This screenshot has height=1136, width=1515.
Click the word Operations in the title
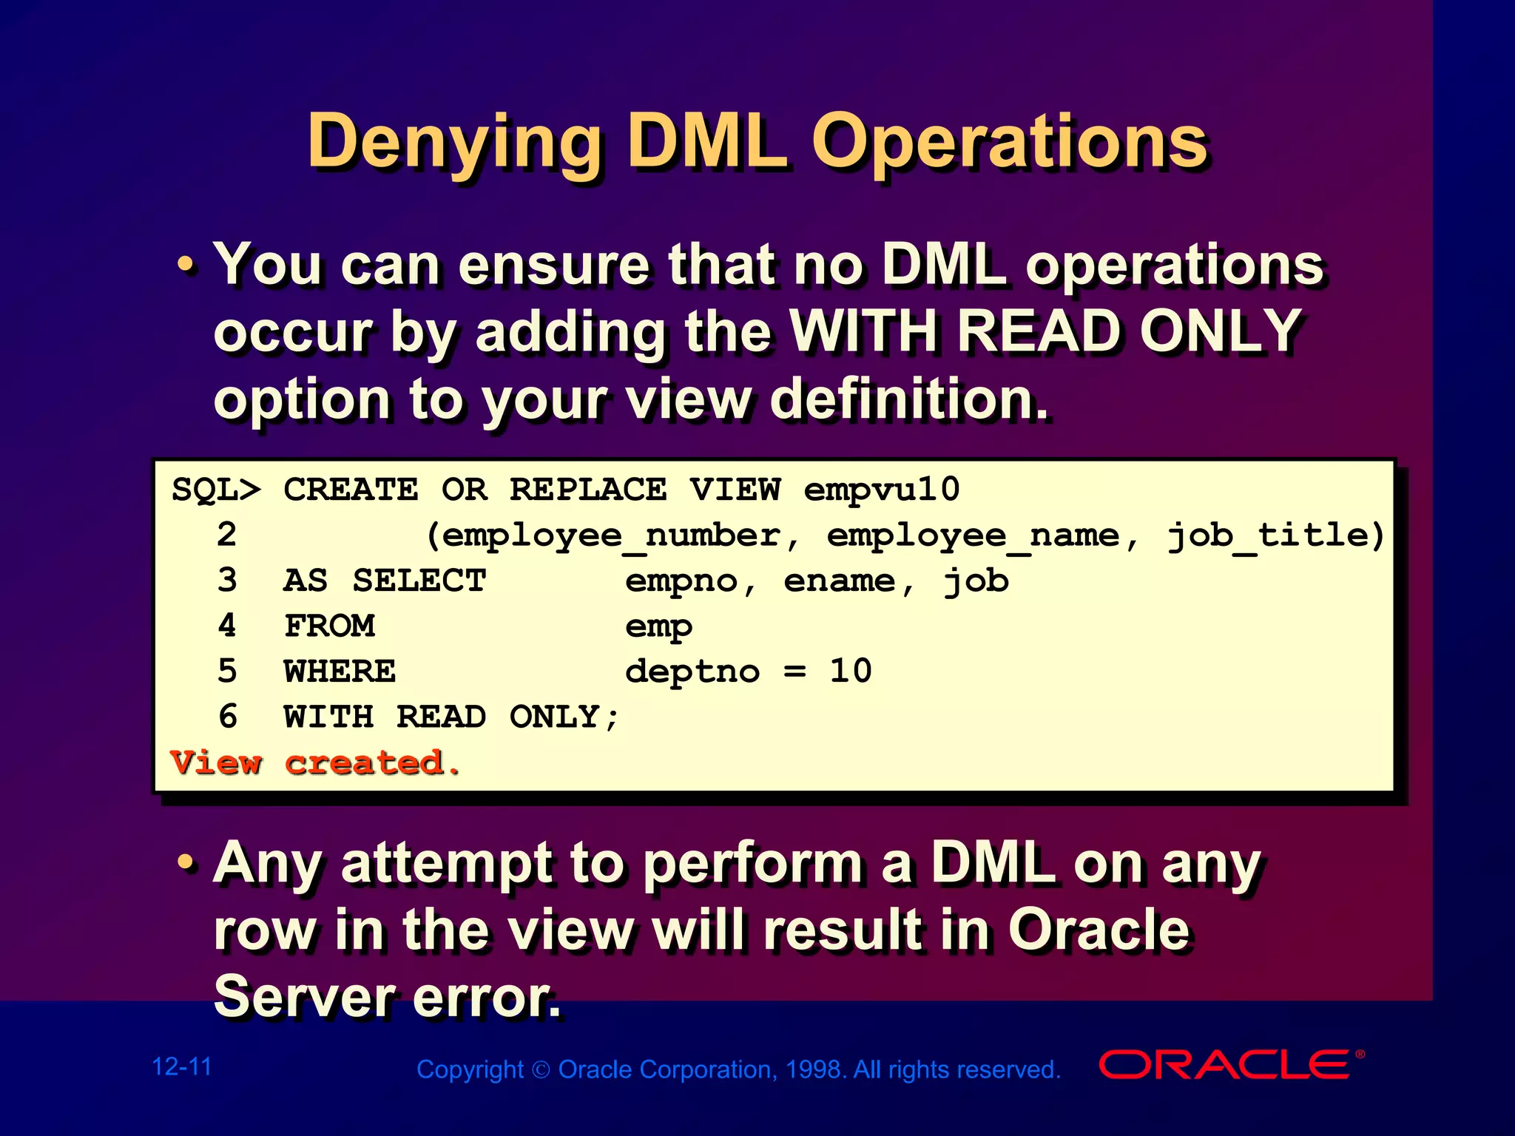pyautogui.click(x=1010, y=143)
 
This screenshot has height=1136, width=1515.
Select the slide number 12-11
pyautogui.click(x=181, y=1066)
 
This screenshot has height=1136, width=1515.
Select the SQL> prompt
pyautogui.click(x=215, y=490)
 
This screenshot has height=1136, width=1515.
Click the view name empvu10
pyautogui.click(x=881, y=490)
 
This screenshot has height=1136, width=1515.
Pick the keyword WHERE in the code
pyautogui.click(x=340, y=672)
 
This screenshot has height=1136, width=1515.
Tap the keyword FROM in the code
pyautogui.click(x=329, y=626)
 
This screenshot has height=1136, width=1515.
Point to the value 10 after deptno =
pyautogui.click(x=850, y=672)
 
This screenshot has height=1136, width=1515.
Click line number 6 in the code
pyautogui.click(x=227, y=717)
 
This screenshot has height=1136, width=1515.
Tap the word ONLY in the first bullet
pyautogui.click(x=1220, y=331)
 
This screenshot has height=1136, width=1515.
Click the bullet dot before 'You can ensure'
pyautogui.click(x=186, y=264)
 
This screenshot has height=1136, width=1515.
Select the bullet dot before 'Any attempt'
pyautogui.click(x=186, y=862)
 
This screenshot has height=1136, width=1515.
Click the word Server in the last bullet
pyautogui.click(x=303, y=996)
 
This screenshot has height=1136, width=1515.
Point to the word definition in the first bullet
pyautogui.click(x=908, y=399)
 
